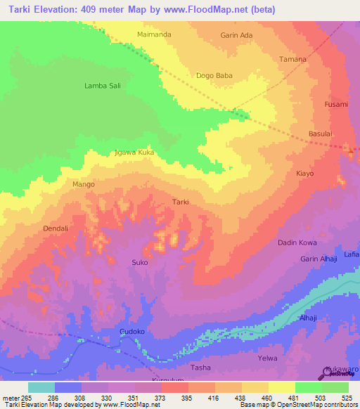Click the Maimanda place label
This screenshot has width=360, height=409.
tap(155, 34)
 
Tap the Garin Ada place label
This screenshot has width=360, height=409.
tap(236, 35)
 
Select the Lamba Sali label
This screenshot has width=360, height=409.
tap(101, 86)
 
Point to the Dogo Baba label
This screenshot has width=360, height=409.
tap(214, 75)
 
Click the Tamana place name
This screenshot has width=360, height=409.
tap(292, 59)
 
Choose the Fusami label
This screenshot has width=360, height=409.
tap(335, 105)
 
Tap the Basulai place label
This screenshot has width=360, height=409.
tap(320, 134)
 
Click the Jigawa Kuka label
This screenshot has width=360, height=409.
tap(134, 152)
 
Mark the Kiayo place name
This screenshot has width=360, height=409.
tap(304, 173)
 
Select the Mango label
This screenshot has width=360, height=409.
tap(83, 184)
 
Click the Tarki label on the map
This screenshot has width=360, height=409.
tap(181, 202)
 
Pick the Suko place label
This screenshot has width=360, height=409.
tap(139, 263)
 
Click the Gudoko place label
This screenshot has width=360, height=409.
tap(132, 330)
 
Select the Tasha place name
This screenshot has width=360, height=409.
tap(201, 368)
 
